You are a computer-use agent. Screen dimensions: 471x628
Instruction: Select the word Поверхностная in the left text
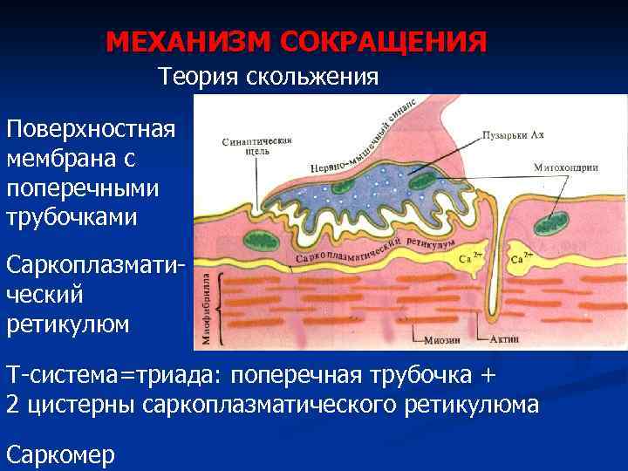[x=91, y=130]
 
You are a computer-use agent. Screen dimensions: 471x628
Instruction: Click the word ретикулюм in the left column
[x=68, y=324]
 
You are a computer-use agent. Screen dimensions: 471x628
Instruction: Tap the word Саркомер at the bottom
[x=60, y=454]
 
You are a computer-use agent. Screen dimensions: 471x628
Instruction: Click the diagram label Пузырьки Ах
[x=513, y=136]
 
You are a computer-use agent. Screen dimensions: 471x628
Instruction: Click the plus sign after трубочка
[x=486, y=376]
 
